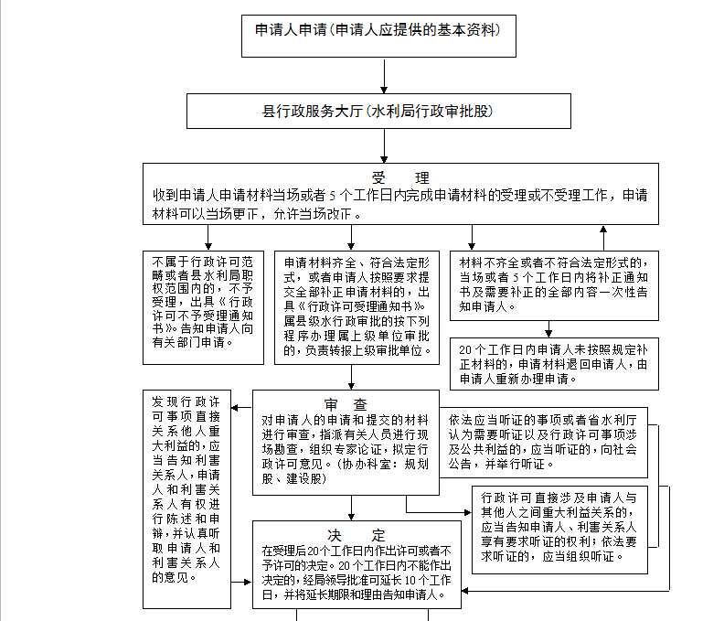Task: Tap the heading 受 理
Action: pyautogui.click(x=400, y=177)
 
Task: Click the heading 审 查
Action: pyautogui.click(x=346, y=404)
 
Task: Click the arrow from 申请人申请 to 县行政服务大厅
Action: pyautogui.click(x=384, y=75)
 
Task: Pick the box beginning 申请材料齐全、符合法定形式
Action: pyautogui.click(x=356, y=305)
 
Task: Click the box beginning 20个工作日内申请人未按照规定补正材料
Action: pyautogui.click(x=555, y=363)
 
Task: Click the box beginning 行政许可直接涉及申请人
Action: pyautogui.click(x=559, y=530)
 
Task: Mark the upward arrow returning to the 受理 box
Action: pyautogui.click(x=602, y=238)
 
